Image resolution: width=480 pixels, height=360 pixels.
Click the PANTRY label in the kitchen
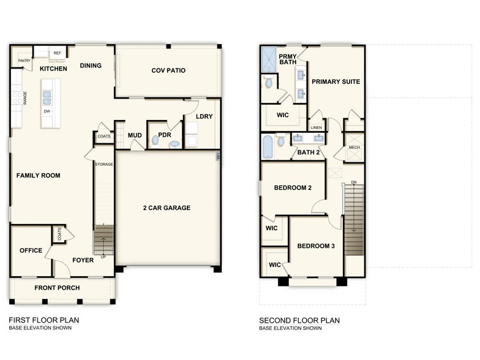click(x=24, y=61)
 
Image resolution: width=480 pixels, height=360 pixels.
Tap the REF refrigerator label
click(x=58, y=54)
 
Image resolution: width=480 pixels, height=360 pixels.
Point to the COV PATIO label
click(x=168, y=70)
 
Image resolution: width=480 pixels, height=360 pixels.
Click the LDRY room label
click(x=204, y=117)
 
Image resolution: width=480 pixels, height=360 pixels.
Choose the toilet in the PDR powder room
click(x=155, y=141)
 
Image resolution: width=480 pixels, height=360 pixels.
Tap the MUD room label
click(x=135, y=135)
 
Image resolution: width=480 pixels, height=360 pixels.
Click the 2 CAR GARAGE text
click(x=167, y=208)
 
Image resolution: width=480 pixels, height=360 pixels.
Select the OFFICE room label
click(x=31, y=250)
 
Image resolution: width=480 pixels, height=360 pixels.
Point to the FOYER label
click(x=83, y=260)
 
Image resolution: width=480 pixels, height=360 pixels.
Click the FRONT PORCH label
click(x=58, y=288)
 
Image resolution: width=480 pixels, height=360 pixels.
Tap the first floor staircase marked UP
click(x=103, y=239)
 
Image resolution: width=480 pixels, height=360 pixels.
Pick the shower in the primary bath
click(x=269, y=60)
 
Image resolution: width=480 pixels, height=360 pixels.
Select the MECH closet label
click(x=354, y=148)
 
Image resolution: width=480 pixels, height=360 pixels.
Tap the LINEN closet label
click(x=316, y=127)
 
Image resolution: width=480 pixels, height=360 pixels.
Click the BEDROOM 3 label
click(x=316, y=246)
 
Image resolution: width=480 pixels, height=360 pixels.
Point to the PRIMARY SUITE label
click(x=336, y=81)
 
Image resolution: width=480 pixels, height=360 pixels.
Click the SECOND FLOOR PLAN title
click(x=299, y=320)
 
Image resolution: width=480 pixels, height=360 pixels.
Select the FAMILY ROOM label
click(x=38, y=176)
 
